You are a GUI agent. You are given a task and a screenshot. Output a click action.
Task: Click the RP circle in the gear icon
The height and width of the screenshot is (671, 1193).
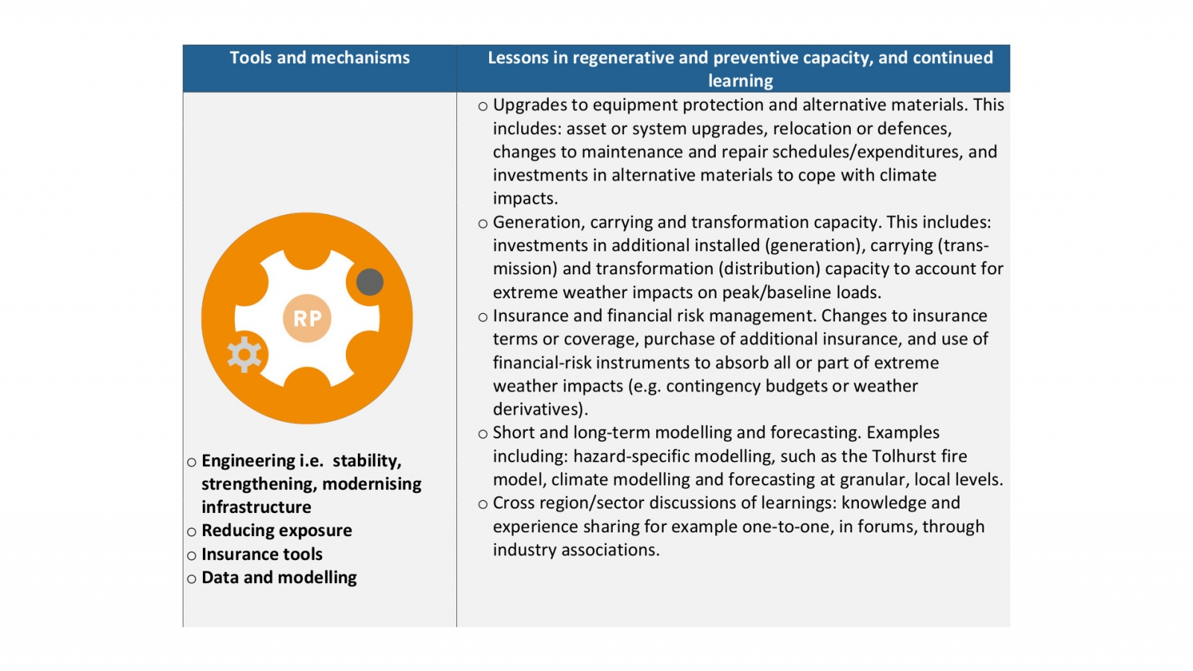(307, 318)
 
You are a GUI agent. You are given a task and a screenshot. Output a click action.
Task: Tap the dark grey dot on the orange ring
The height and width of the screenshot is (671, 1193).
(370, 282)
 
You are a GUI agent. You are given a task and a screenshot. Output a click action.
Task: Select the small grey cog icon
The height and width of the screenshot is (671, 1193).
(244, 354)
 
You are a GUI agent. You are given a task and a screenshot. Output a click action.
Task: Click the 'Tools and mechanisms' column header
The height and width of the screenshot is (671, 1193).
(319, 58)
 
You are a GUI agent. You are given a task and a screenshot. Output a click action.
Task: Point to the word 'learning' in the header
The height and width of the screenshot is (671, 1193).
(740, 81)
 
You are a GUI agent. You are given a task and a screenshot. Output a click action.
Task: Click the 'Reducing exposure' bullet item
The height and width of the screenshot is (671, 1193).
(277, 531)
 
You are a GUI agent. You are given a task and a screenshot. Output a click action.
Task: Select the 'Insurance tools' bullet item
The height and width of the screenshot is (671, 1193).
(262, 555)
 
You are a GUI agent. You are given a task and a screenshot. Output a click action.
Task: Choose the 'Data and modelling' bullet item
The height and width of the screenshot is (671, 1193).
(279, 578)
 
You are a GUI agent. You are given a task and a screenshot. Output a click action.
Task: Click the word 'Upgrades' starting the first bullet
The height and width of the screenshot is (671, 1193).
(529, 105)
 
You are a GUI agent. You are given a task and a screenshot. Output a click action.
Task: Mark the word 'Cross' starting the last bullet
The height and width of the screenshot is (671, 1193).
(514, 503)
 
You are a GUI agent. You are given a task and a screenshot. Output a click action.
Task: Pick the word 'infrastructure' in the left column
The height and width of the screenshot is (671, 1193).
(256, 508)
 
